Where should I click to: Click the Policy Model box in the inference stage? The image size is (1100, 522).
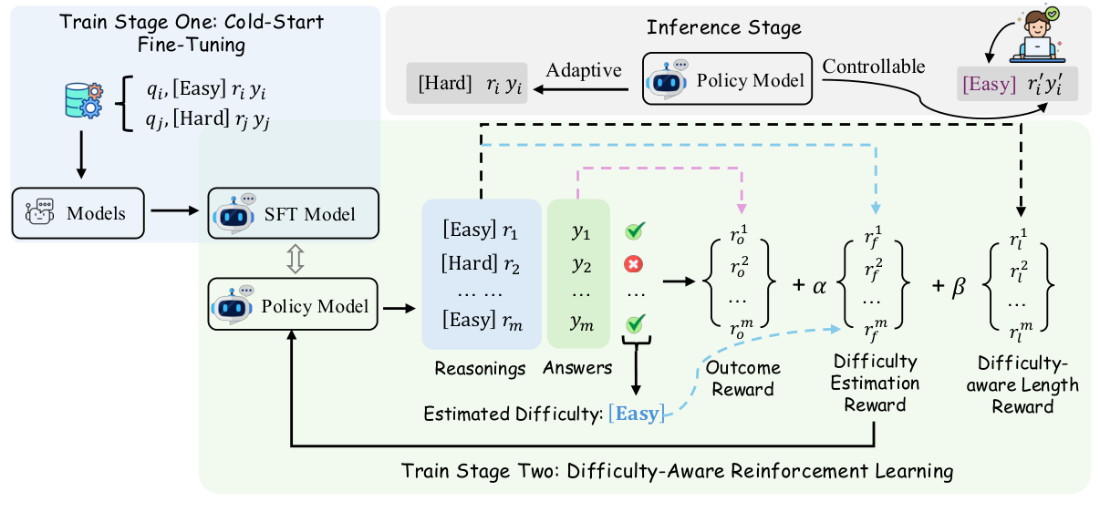(x=727, y=81)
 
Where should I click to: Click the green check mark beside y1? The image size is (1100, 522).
(x=635, y=233)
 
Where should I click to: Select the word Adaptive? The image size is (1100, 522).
(x=583, y=70)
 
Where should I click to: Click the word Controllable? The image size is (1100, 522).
(x=873, y=67)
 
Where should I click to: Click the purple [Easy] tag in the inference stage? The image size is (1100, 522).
(x=989, y=85)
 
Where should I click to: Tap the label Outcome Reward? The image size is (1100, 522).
(x=743, y=378)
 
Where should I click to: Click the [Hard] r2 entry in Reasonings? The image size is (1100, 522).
(x=480, y=264)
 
